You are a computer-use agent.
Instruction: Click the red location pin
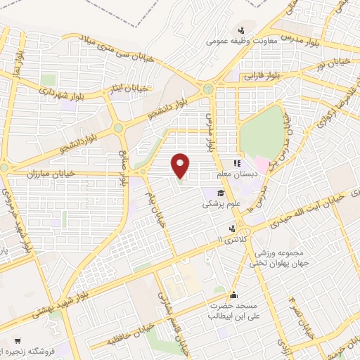coord(181,165)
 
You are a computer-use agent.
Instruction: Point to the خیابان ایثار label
coord(132,89)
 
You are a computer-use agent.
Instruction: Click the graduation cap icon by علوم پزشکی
coord(221,193)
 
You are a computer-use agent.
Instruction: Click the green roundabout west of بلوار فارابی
coord(208,89)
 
